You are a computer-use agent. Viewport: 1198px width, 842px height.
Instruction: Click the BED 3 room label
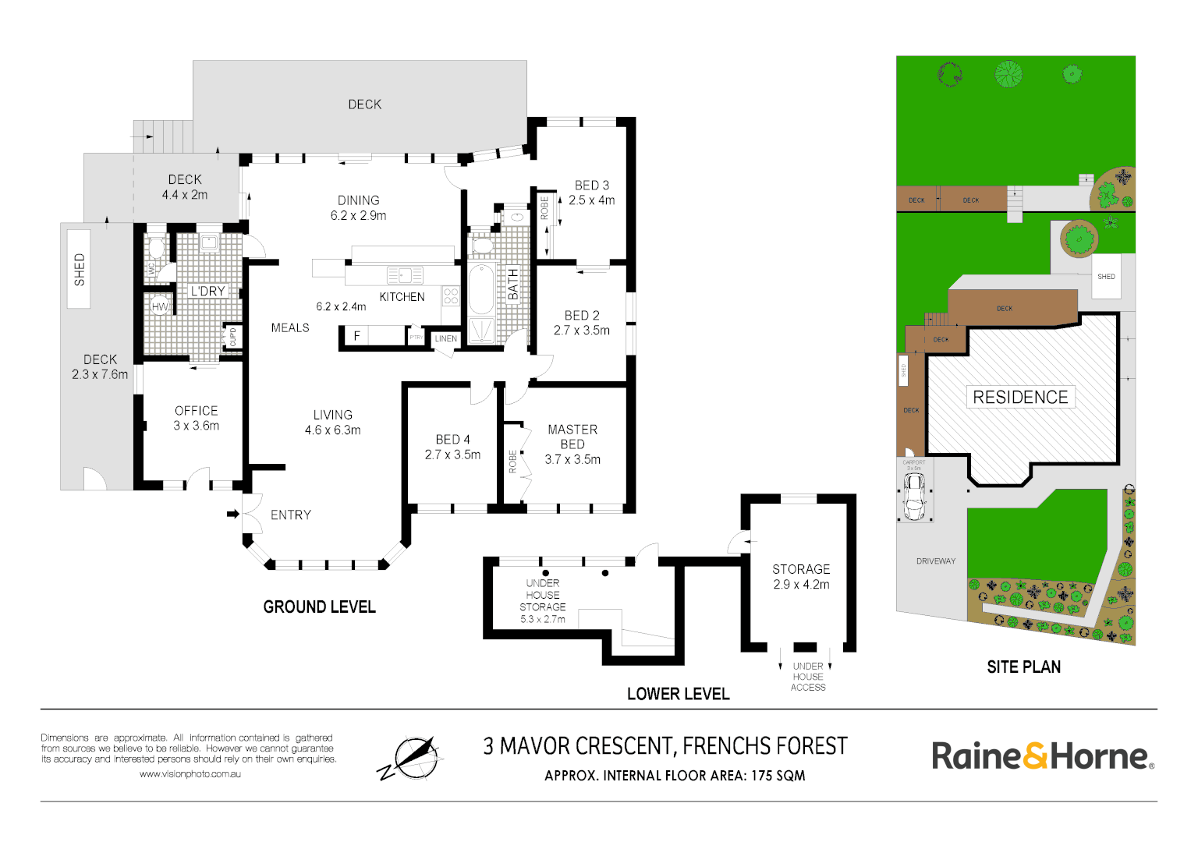pyautogui.click(x=591, y=186)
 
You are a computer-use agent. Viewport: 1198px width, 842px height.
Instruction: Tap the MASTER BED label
pyautogui.click(x=572, y=437)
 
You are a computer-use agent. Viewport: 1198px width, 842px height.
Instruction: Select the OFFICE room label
pyautogui.click(x=196, y=411)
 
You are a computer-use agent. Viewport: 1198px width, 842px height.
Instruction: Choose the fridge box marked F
pyautogui.click(x=357, y=336)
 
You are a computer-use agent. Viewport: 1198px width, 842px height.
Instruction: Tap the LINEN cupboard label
pyautogui.click(x=446, y=338)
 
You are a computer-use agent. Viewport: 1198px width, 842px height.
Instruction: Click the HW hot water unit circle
pyautogui.click(x=161, y=306)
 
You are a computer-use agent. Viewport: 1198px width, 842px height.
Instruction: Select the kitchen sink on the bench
pyautogui.click(x=405, y=275)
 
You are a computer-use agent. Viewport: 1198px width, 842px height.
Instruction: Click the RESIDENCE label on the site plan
pyautogui.click(x=1020, y=397)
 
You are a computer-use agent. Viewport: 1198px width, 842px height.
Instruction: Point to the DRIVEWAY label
pyautogui.click(x=936, y=561)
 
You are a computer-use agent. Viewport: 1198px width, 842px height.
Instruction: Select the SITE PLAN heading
pyautogui.click(x=1023, y=667)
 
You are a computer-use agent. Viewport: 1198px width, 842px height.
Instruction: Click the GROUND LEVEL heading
pyautogui.click(x=320, y=607)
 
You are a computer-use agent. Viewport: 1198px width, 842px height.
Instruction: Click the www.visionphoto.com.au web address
pyautogui.click(x=190, y=774)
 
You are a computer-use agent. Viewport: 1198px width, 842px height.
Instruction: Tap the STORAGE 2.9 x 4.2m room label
pyautogui.click(x=801, y=576)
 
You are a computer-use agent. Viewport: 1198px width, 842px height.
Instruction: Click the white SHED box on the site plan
pyautogui.click(x=1106, y=276)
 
